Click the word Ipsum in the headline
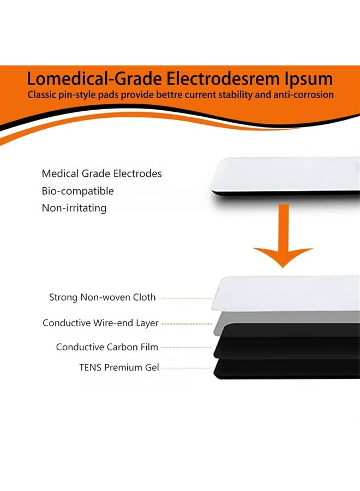[x=308, y=79]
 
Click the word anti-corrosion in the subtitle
[x=303, y=94]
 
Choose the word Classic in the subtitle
[x=41, y=94]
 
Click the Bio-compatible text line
[x=77, y=191]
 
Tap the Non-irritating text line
[x=74, y=208]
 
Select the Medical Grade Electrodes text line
[x=102, y=173]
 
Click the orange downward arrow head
[x=283, y=256]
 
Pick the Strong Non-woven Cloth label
[x=103, y=297]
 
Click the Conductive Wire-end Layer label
[x=100, y=323]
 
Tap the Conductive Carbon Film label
[x=107, y=347]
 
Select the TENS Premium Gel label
[x=119, y=367]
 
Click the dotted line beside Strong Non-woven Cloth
[x=187, y=298]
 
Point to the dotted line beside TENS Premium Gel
[x=185, y=368]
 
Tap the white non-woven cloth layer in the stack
[x=285, y=293]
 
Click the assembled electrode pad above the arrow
[x=285, y=176]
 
